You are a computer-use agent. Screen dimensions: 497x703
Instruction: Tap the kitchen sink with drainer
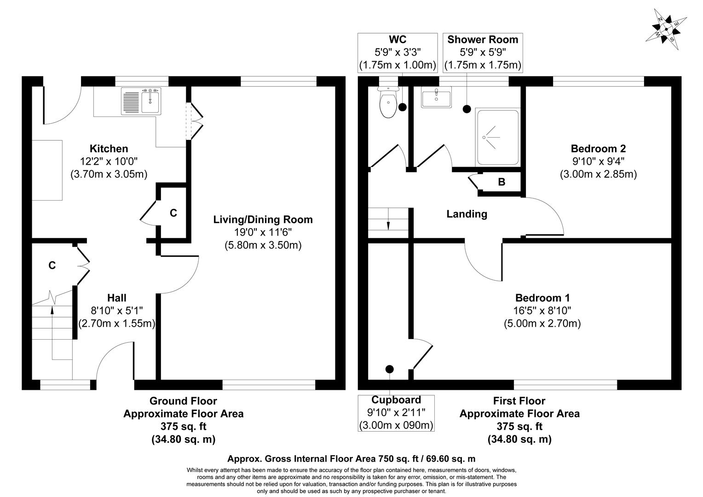click(142, 101)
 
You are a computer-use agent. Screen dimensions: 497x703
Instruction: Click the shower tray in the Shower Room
click(498, 137)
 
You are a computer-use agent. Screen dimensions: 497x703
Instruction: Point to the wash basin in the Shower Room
click(436, 98)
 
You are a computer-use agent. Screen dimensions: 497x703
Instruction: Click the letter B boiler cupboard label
click(501, 182)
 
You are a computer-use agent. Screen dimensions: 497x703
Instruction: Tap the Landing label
click(467, 214)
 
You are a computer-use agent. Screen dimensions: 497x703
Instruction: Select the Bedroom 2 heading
click(598, 149)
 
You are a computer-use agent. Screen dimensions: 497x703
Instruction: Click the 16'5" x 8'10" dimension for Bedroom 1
click(542, 311)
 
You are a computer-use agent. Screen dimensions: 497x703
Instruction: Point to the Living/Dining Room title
click(263, 220)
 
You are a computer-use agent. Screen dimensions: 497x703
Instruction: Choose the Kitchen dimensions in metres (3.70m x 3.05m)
click(109, 174)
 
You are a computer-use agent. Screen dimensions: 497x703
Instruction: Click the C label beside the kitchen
click(173, 213)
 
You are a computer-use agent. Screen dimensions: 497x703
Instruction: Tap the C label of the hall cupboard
click(52, 266)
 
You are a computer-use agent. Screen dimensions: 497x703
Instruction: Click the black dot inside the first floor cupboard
click(390, 369)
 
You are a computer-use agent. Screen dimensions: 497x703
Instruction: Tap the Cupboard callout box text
click(396, 412)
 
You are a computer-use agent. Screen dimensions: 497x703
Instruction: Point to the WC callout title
click(397, 40)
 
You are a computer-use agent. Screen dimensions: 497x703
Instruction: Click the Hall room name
click(117, 298)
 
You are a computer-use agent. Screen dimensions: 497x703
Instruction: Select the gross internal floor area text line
click(351, 459)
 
